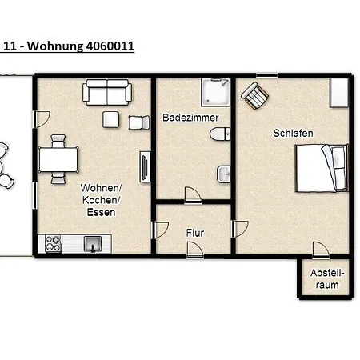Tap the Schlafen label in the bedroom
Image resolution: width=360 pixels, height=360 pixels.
coord(292,133)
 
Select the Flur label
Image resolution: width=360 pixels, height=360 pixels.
coord(194,233)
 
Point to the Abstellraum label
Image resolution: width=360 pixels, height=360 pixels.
coord(328,278)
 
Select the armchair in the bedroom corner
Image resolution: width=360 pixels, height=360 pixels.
coord(254,96)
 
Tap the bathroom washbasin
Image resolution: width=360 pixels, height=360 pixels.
coord(224,173)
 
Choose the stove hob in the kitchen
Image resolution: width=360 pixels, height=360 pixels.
coord(54,241)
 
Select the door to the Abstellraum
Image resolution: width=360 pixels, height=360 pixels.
coord(321,250)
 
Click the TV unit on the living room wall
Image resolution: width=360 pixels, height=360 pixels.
coord(144,167)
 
